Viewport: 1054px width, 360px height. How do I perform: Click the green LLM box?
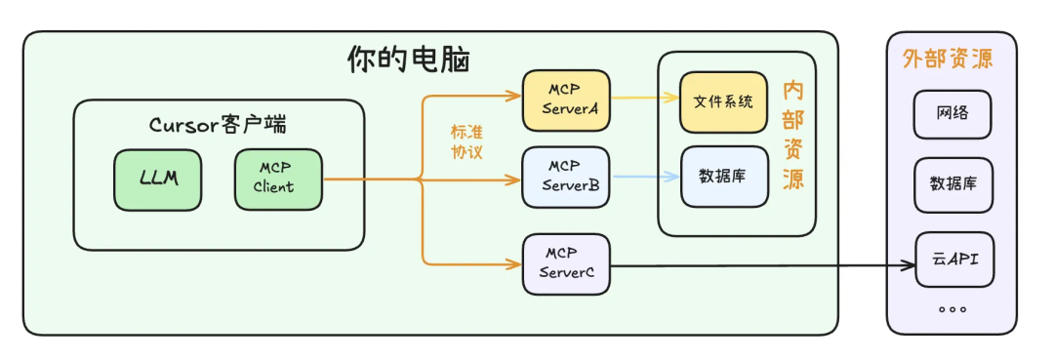coord(158,180)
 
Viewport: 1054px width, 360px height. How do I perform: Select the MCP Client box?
coord(277,180)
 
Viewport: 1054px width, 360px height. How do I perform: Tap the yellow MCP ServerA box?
coord(566,100)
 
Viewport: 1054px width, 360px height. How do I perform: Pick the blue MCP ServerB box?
coord(566,177)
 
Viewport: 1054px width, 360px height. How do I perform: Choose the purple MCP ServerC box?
coord(566,263)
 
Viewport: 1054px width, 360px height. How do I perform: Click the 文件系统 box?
coord(724,102)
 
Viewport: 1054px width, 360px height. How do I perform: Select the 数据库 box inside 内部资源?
coord(724,177)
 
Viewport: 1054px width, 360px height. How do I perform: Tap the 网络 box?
coord(953,114)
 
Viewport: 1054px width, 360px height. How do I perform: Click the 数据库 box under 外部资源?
coord(953,185)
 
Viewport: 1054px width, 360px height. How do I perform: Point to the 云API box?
coord(953,260)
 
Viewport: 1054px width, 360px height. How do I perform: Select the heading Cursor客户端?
coord(218,125)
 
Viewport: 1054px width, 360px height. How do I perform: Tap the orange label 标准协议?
coord(466,142)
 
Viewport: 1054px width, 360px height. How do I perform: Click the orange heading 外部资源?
coord(948,59)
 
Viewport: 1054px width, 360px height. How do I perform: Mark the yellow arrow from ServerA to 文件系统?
coord(645,98)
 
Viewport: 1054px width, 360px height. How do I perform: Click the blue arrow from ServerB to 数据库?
coord(645,177)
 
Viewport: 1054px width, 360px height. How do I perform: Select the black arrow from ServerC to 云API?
coord(761,263)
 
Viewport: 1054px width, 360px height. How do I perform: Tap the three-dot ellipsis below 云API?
coord(952,308)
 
